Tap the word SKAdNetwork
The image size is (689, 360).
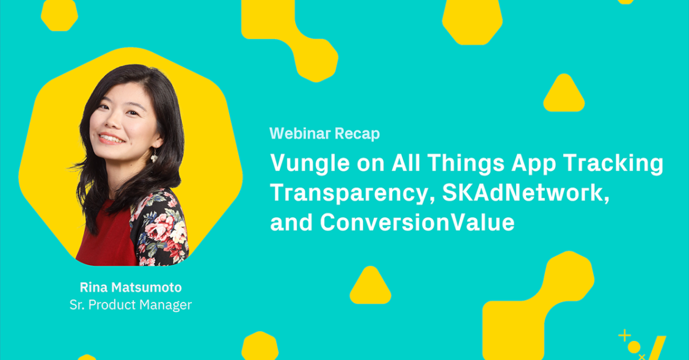[x=525, y=193]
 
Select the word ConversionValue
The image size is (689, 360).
[x=417, y=222]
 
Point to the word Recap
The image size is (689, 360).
[x=357, y=134]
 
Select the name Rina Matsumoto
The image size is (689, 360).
[x=131, y=287]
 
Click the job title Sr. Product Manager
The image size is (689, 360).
[x=131, y=305]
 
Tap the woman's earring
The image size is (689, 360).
[x=155, y=156]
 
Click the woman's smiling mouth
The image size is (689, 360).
[x=111, y=138]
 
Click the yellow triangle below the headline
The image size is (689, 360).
[x=370, y=286]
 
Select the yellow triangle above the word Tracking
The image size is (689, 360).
[x=564, y=94]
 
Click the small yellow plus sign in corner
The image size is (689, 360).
[x=624, y=336]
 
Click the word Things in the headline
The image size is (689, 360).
[x=466, y=164]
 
